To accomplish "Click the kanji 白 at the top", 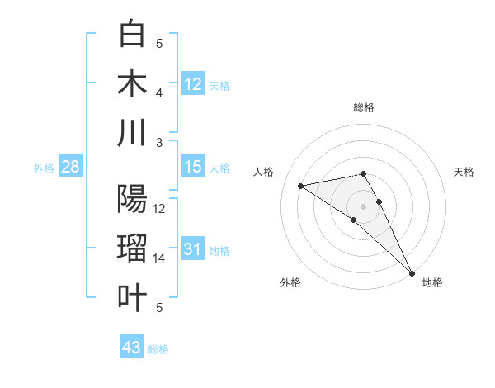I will pyautogui.click(x=133, y=34).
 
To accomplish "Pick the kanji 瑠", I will pyautogui.click(x=133, y=248).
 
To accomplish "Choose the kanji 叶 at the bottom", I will pyautogui.click(x=133, y=298).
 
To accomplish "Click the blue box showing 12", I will pyautogui.click(x=193, y=83).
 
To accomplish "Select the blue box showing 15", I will pyautogui.click(x=193, y=167).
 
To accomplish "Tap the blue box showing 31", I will pyautogui.click(x=193, y=249).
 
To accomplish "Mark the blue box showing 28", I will pyautogui.click(x=71, y=167).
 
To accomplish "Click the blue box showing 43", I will pyautogui.click(x=132, y=348).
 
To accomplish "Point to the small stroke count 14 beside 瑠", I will pyautogui.click(x=159, y=258).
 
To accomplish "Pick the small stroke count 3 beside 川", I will pyautogui.click(x=159, y=142).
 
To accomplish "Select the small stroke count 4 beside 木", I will pyautogui.click(x=159, y=92).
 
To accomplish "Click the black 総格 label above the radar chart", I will pyautogui.click(x=364, y=107).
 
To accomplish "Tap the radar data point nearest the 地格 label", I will pyautogui.click(x=410, y=273).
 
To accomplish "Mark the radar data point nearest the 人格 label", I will pyautogui.click(x=301, y=186).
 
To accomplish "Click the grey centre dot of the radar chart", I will pyautogui.click(x=364, y=205).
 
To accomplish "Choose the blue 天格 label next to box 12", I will pyautogui.click(x=219, y=85).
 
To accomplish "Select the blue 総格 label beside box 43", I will pyautogui.click(x=158, y=349).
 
